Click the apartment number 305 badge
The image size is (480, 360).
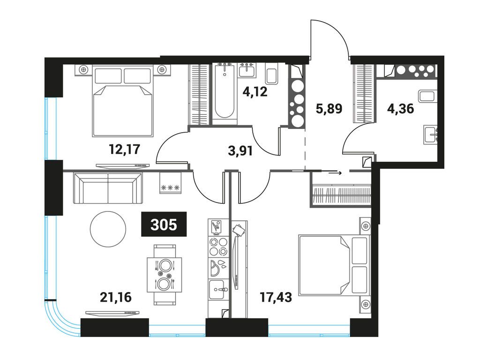[164, 224]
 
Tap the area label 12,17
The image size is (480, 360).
[125, 149]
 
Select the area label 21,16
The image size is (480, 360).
[116, 297]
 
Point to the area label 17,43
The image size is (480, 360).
[276, 297]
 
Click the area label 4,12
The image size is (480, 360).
[255, 91]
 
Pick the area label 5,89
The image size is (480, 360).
[329, 109]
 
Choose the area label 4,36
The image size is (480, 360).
[400, 109]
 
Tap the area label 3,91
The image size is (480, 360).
[240, 151]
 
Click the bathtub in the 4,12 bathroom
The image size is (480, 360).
[225, 93]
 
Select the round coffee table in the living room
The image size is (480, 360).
[108, 228]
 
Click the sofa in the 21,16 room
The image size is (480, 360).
[108, 188]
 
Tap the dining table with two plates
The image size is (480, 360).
[165, 275]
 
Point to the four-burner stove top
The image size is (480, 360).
[218, 247]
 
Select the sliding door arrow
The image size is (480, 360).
[335, 173]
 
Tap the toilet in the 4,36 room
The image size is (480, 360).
[427, 96]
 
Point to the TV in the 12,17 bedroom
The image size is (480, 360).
[122, 165]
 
